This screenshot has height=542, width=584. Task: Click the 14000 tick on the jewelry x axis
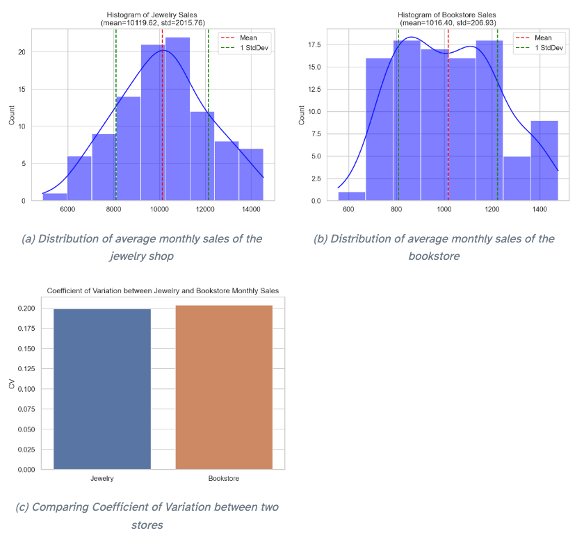click(252, 209)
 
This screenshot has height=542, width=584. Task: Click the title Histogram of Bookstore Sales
click(447, 14)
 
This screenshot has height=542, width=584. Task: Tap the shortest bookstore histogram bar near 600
click(352, 196)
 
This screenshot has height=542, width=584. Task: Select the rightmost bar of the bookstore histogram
click(544, 161)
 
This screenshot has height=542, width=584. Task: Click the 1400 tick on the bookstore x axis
click(539, 209)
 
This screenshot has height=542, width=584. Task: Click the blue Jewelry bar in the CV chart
click(102, 389)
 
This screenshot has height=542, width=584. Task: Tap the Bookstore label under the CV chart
click(224, 479)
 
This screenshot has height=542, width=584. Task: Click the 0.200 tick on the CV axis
click(26, 309)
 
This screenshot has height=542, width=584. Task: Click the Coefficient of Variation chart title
click(163, 290)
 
